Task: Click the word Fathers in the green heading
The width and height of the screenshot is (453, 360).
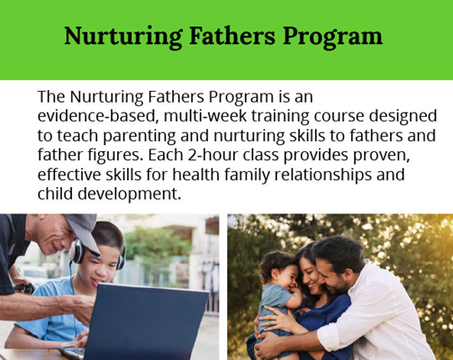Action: click(x=232, y=36)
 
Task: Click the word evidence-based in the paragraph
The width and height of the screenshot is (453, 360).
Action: click(x=97, y=116)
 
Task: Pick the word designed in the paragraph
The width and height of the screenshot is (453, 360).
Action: click(x=403, y=117)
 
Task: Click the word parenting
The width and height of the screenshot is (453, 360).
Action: click(x=140, y=136)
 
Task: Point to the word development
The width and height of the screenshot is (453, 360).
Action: click(x=130, y=194)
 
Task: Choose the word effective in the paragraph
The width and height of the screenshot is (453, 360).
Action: click(x=68, y=175)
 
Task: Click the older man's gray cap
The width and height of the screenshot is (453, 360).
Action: click(x=83, y=230)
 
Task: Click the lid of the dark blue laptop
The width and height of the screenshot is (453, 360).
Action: click(x=146, y=321)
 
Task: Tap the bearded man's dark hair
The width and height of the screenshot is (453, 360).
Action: click(x=340, y=251)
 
